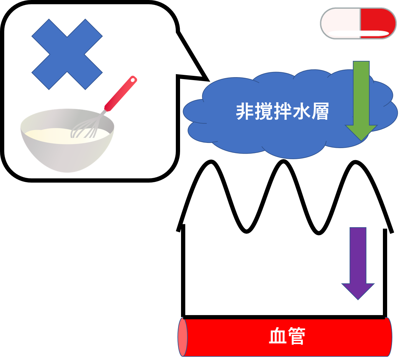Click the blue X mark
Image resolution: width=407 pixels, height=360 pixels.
67,54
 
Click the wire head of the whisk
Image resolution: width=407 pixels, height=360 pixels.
85,128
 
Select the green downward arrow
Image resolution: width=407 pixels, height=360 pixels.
361,98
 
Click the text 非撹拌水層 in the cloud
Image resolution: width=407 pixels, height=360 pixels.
282,112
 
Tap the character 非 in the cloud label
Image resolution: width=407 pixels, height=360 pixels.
245,112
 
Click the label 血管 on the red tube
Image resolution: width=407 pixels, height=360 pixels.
287,336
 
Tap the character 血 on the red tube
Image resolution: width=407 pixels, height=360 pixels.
277,336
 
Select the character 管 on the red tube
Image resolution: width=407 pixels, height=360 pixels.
296,336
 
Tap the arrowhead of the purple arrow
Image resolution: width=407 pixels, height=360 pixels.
358,291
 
